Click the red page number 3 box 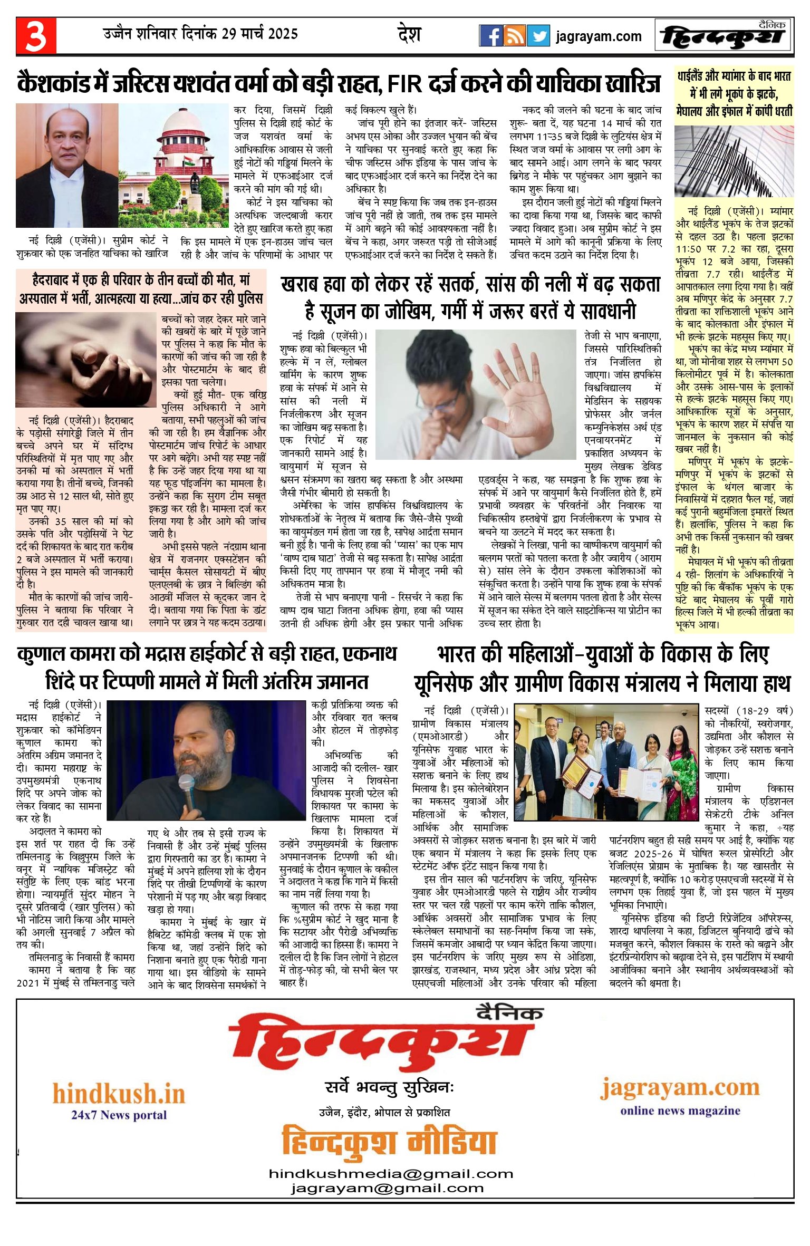pos(36,35)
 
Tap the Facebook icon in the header pos(490,36)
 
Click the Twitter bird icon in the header pos(538,36)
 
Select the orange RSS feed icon pos(514,36)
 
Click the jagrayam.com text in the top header pos(599,36)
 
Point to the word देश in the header pos(409,35)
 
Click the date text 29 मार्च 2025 pos(259,34)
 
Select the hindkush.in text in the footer pos(119,1094)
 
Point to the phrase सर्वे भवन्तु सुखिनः pos(389,1087)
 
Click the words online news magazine pos(680,1111)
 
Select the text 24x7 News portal pos(119,1115)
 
